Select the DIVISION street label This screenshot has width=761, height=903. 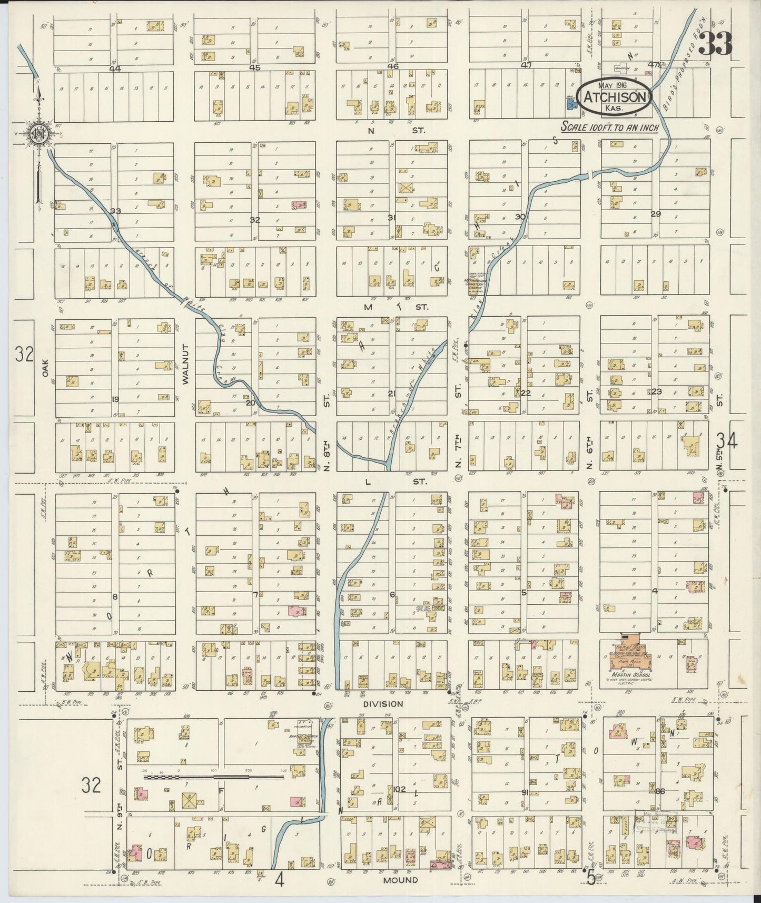pyautogui.click(x=383, y=704)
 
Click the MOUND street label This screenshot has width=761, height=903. pyautogui.click(x=400, y=880)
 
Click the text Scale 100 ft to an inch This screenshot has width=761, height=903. pyautogui.click(x=609, y=127)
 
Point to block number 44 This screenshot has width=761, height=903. pyautogui.click(x=115, y=68)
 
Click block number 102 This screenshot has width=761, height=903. pyautogui.click(x=399, y=789)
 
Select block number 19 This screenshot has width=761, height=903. pyautogui.click(x=115, y=399)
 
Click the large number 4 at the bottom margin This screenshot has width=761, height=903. pyautogui.click(x=279, y=881)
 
